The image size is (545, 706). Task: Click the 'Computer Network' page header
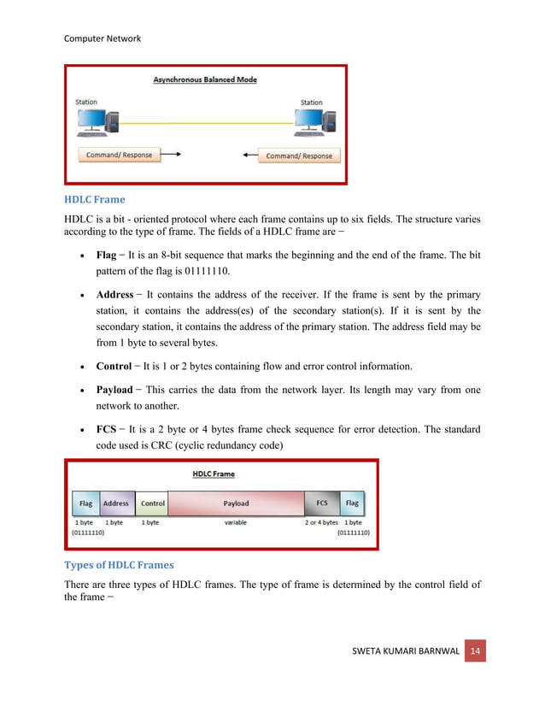pos(103,38)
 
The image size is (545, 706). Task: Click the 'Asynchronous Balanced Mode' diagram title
pos(205,80)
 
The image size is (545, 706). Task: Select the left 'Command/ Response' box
pos(119,155)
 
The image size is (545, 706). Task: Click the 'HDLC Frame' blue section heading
pos(94,199)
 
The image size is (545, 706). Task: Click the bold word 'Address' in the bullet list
pos(114,295)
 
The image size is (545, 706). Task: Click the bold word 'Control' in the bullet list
pos(114,366)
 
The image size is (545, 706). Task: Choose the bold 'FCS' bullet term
pos(106,428)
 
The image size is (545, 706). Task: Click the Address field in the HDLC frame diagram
pos(115,503)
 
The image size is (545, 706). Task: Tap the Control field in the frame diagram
pos(152,503)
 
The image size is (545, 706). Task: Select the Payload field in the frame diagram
pos(236,503)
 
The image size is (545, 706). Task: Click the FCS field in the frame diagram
pos(321,503)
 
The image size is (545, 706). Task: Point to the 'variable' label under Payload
pos(236,522)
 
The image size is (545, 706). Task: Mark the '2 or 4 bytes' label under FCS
pos(321,522)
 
